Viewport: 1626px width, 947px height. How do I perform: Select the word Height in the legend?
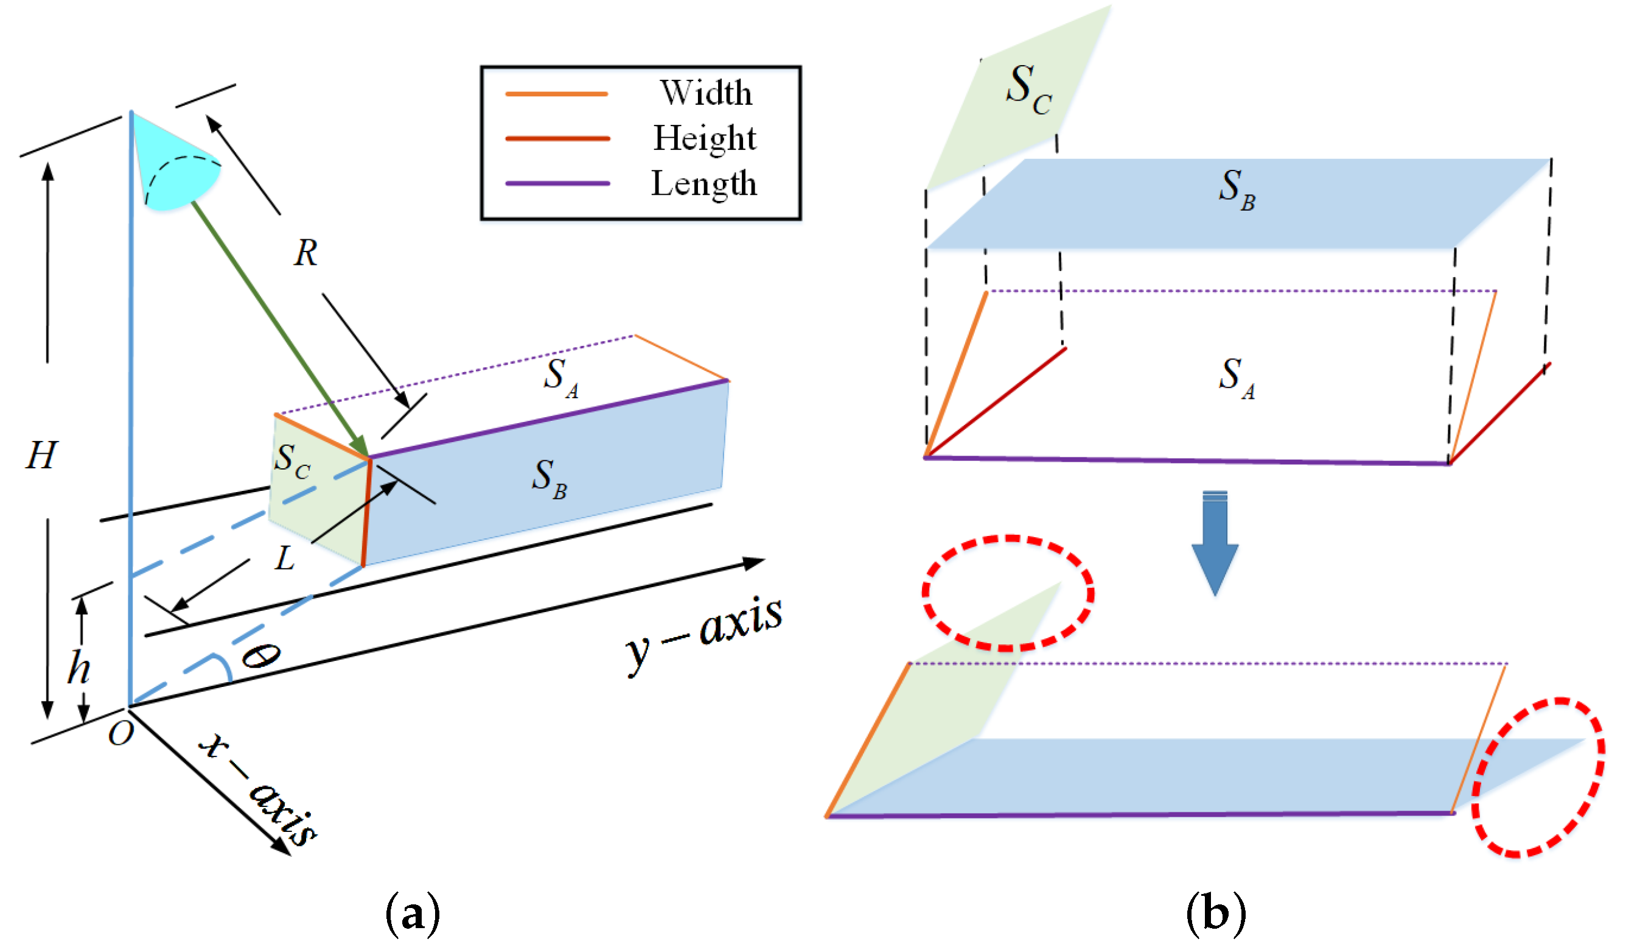pos(704,138)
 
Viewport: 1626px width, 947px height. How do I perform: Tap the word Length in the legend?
pos(703,183)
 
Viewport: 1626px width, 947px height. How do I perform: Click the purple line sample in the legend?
pos(557,183)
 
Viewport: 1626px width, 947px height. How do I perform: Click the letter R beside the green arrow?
pos(306,253)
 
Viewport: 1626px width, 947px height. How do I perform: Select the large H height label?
pos(42,455)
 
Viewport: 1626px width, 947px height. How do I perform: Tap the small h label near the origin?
pos(79,667)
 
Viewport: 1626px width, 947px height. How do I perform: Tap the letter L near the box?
pos(285,558)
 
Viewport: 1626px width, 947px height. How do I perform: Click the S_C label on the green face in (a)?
pos(292,462)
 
